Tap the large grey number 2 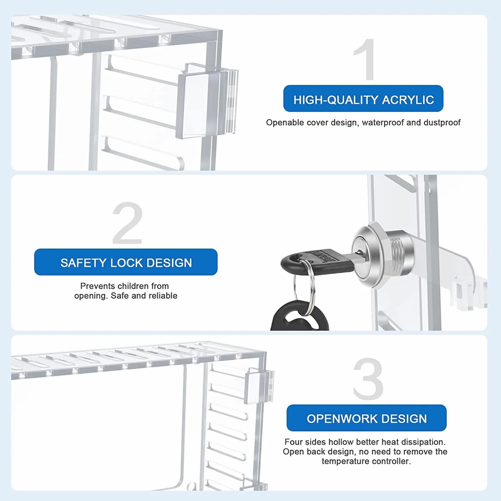[x=128, y=223]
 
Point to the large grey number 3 [x=368, y=379]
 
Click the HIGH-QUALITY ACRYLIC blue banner [x=363, y=99]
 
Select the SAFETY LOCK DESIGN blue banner [x=126, y=262]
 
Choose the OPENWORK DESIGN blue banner [x=367, y=418]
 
